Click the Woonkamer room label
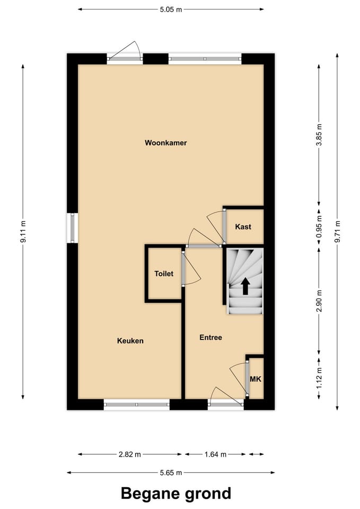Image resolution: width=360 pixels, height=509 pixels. pyautogui.click(x=165, y=143)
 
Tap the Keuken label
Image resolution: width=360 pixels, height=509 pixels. pyautogui.click(x=130, y=341)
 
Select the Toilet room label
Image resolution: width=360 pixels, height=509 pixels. pyautogui.click(x=164, y=274)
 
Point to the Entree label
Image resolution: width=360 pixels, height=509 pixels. pyautogui.click(x=210, y=337)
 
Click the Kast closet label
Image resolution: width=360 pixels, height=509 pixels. pyautogui.click(x=243, y=226)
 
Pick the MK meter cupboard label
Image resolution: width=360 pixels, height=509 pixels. pyautogui.click(x=256, y=380)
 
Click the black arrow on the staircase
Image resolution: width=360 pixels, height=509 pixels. pyautogui.click(x=245, y=286)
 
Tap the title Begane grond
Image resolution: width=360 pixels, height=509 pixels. pyautogui.click(x=176, y=493)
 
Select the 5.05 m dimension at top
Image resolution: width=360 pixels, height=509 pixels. pyautogui.click(x=171, y=9)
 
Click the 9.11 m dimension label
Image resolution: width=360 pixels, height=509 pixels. pyautogui.click(x=23, y=232)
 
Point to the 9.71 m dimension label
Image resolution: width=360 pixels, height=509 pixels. pyautogui.click(x=337, y=232)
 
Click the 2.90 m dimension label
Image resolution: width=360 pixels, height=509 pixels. pyautogui.click(x=319, y=301)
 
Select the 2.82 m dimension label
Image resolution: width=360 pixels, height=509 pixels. pyautogui.click(x=129, y=454)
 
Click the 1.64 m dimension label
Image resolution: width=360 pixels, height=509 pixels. pyautogui.click(x=215, y=454)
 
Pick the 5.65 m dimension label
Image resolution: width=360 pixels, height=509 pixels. pyautogui.click(x=171, y=472)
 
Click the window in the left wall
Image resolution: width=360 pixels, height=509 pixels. pyautogui.click(x=73, y=228)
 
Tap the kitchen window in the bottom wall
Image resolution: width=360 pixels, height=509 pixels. pyautogui.click(x=137, y=405)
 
